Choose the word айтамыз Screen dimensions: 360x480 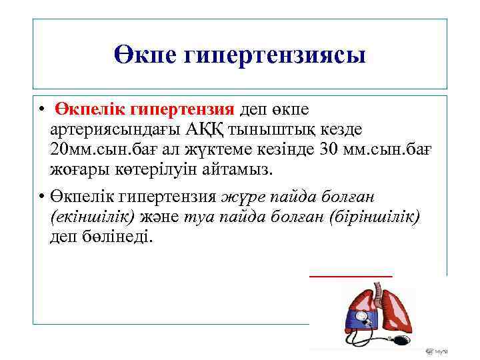tap(236, 169)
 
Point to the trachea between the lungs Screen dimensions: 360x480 tap(375, 293)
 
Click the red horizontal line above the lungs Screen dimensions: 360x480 tap(351, 275)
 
